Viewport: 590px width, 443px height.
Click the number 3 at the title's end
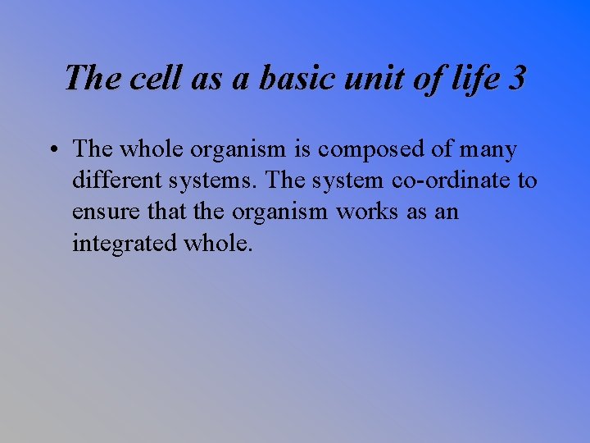(516, 79)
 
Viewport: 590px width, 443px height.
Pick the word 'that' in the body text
(166, 212)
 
